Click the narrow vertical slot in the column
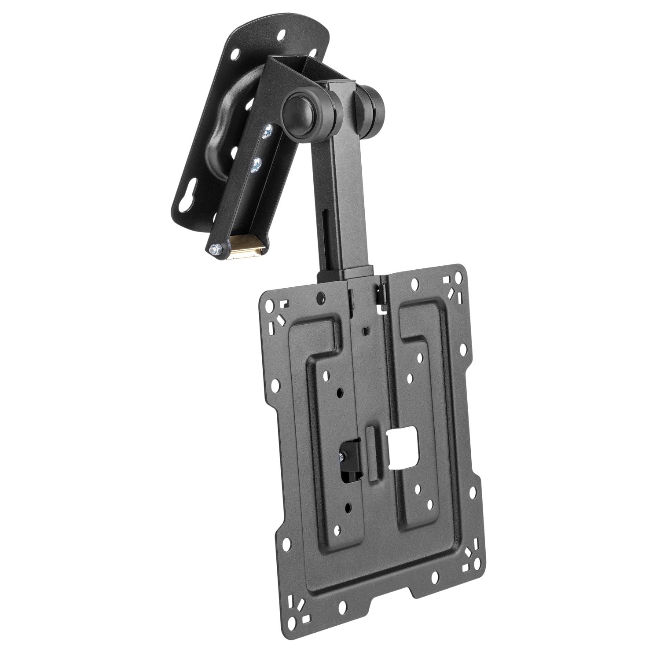click(x=326, y=247)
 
